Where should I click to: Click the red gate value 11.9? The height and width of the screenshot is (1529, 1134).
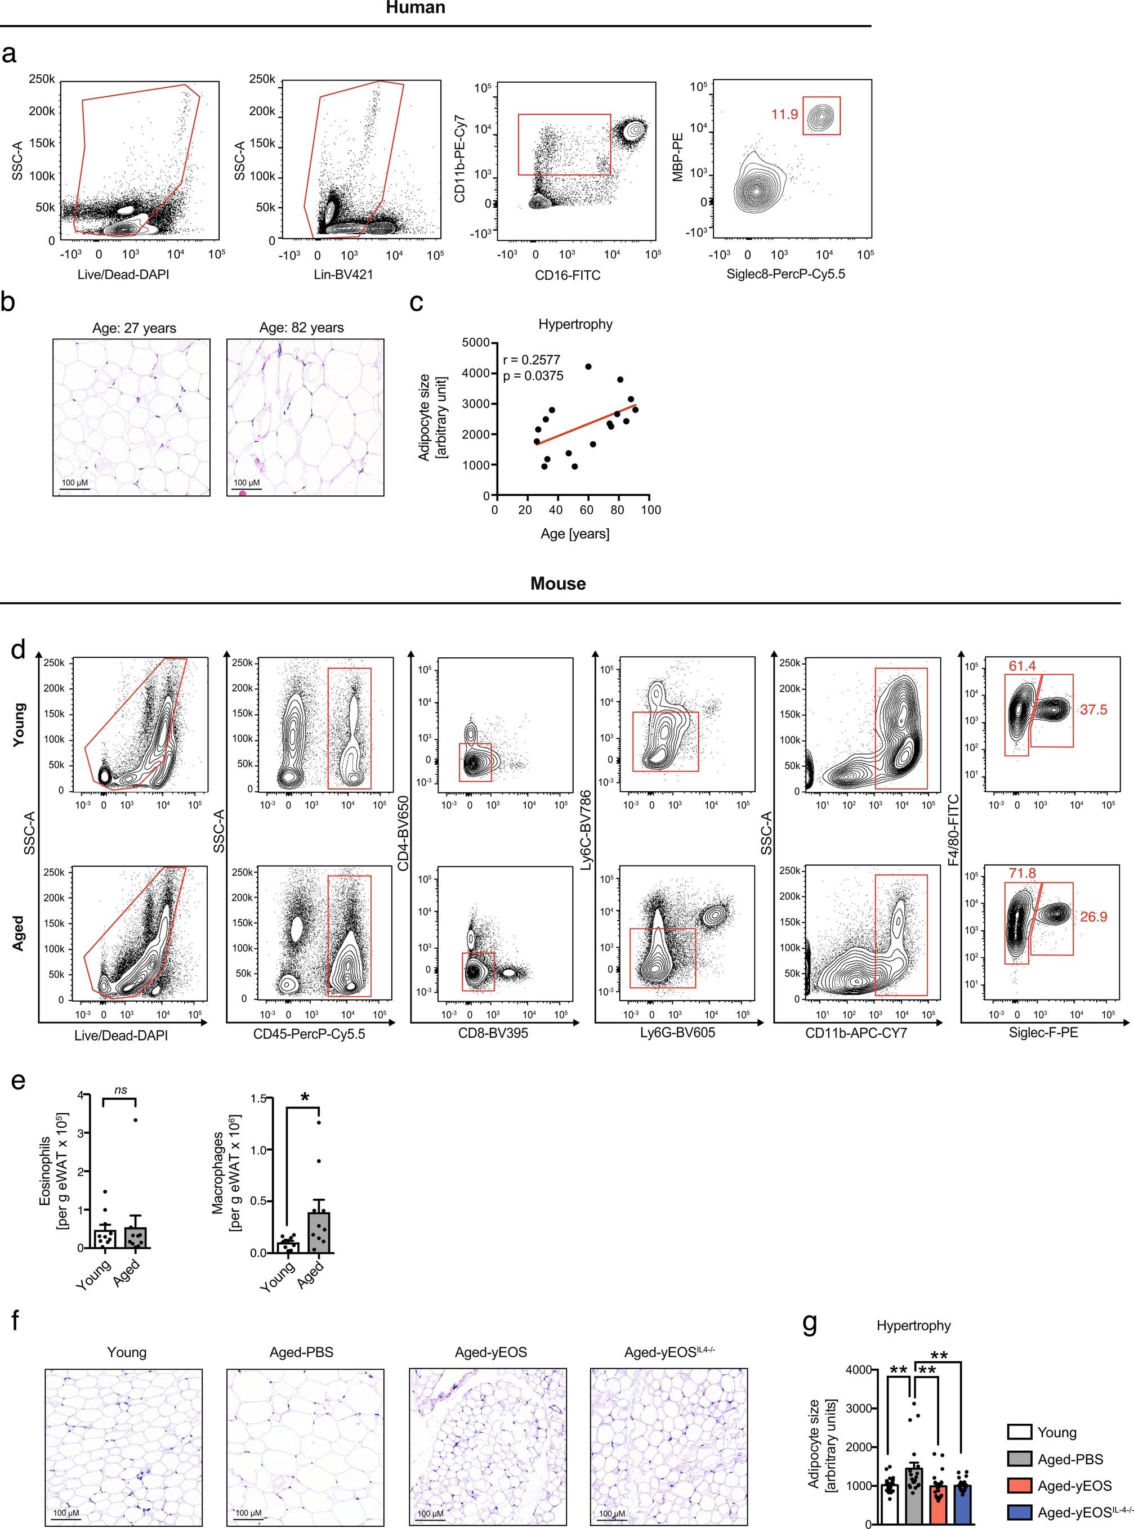coord(784,114)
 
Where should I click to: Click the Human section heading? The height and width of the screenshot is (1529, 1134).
coord(416,8)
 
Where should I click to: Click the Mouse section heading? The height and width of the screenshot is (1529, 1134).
coord(558,584)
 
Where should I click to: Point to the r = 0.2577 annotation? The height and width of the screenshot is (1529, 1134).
coord(532,360)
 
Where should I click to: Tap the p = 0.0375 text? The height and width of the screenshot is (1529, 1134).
coord(533,375)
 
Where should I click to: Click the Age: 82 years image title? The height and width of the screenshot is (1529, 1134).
coord(301,328)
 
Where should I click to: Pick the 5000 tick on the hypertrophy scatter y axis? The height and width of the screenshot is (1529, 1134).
coord(476,343)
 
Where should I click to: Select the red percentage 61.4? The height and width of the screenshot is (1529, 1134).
coord(1022,665)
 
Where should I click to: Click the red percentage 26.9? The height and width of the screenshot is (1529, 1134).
coord(1093,916)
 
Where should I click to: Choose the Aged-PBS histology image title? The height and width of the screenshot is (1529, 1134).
coord(301,1352)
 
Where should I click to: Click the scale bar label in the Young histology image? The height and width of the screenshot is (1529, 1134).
coord(69,1513)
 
